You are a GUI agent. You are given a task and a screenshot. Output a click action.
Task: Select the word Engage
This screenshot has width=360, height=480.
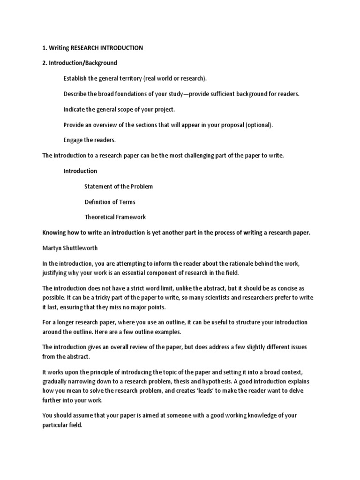click(x=74, y=140)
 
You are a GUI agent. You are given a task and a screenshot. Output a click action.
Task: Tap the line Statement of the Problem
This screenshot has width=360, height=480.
click(x=119, y=186)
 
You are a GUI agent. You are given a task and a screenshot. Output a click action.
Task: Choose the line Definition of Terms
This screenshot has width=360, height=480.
click(x=110, y=202)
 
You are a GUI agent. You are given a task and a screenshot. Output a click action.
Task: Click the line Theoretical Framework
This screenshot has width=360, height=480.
click(x=115, y=217)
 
